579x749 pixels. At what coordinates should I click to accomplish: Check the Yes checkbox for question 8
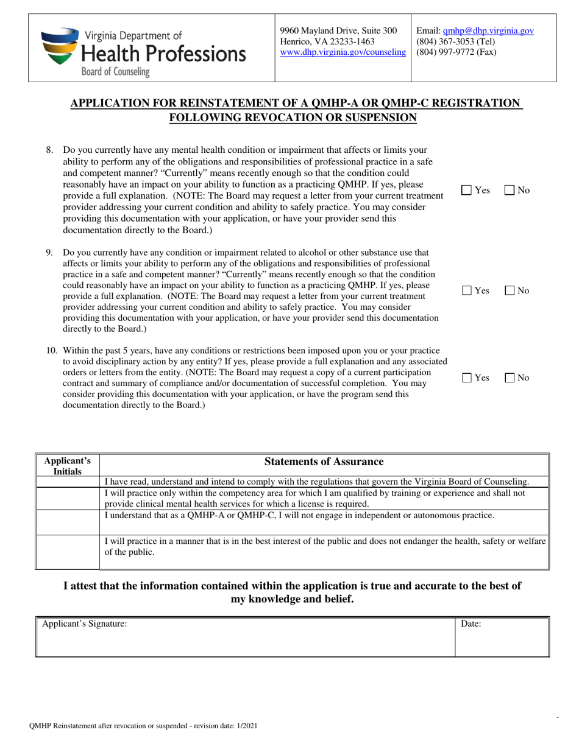[x=467, y=191]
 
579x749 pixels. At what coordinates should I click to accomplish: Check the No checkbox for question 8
[x=510, y=191]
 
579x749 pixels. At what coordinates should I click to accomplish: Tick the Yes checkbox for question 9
[x=467, y=291]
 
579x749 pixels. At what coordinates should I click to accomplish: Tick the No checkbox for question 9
[x=510, y=291]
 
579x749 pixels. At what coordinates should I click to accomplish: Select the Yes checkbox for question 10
[x=467, y=378]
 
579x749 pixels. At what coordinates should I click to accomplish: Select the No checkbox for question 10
[x=510, y=378]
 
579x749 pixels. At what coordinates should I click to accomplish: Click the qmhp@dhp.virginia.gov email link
[x=488, y=30]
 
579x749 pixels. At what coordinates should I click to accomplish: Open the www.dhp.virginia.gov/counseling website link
[x=343, y=52]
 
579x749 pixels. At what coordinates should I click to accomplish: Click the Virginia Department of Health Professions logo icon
[x=60, y=46]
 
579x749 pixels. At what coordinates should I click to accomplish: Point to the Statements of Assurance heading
[x=324, y=462]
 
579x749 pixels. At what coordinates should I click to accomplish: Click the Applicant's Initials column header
[x=68, y=466]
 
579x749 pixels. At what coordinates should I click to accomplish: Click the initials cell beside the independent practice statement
[x=68, y=522]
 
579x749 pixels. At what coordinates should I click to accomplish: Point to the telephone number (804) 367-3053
[x=446, y=41]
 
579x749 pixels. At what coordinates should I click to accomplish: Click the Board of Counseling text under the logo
[x=116, y=72]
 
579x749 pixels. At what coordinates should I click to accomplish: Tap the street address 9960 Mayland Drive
[x=338, y=30]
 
